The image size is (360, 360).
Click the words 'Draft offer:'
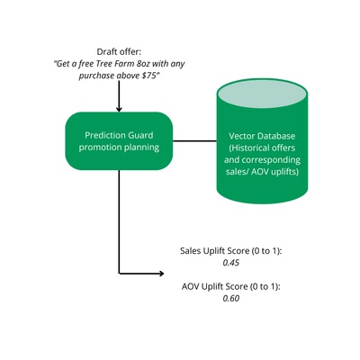119,52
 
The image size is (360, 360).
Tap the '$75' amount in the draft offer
149,76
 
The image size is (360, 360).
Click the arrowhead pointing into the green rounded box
119,109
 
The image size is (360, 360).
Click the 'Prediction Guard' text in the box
119,135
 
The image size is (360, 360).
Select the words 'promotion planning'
119,148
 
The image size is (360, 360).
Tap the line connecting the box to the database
194,140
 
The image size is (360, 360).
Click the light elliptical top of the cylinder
262,94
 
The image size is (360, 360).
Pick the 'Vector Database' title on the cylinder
262,136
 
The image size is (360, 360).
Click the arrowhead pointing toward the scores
161,274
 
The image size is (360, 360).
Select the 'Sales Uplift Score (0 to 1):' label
231,251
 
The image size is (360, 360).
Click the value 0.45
231,263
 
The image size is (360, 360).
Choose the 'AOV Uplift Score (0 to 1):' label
231,286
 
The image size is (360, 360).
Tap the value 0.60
231,299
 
